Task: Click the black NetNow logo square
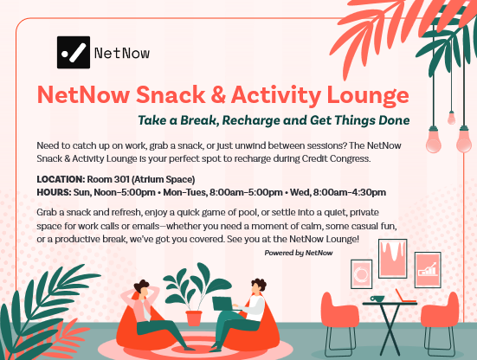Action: (74, 52)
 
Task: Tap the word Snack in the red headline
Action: (171, 94)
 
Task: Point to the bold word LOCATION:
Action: (61, 179)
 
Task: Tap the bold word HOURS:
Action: (54, 192)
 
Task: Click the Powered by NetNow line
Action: (299, 253)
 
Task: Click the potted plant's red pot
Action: (194, 318)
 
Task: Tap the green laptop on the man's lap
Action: (223, 304)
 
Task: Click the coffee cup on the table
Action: (377, 299)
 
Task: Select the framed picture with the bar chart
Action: (428, 270)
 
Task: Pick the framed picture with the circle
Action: (361, 274)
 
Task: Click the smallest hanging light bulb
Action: (451, 118)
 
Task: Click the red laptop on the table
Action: (405, 297)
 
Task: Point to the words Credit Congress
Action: (336, 158)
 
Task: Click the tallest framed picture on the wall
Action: (393, 259)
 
